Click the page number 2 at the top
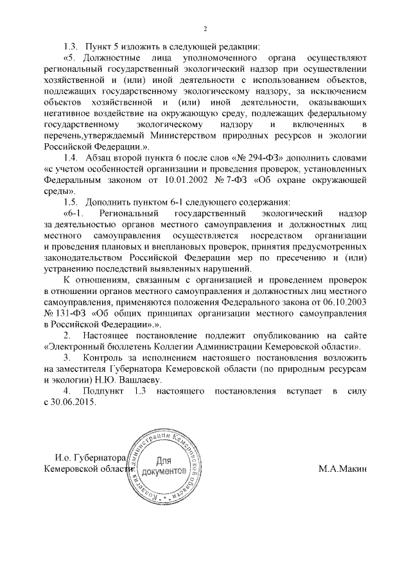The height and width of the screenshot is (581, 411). click(205, 28)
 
